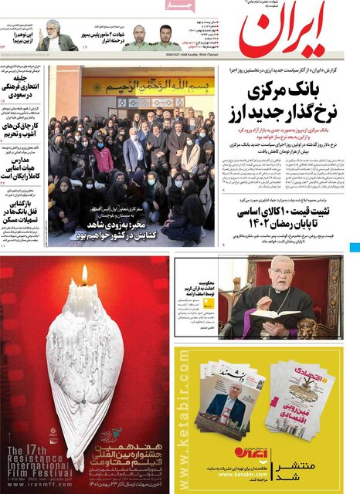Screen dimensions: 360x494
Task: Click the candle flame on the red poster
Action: pos(84,275)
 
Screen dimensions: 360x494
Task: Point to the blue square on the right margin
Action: pos(355,249)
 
